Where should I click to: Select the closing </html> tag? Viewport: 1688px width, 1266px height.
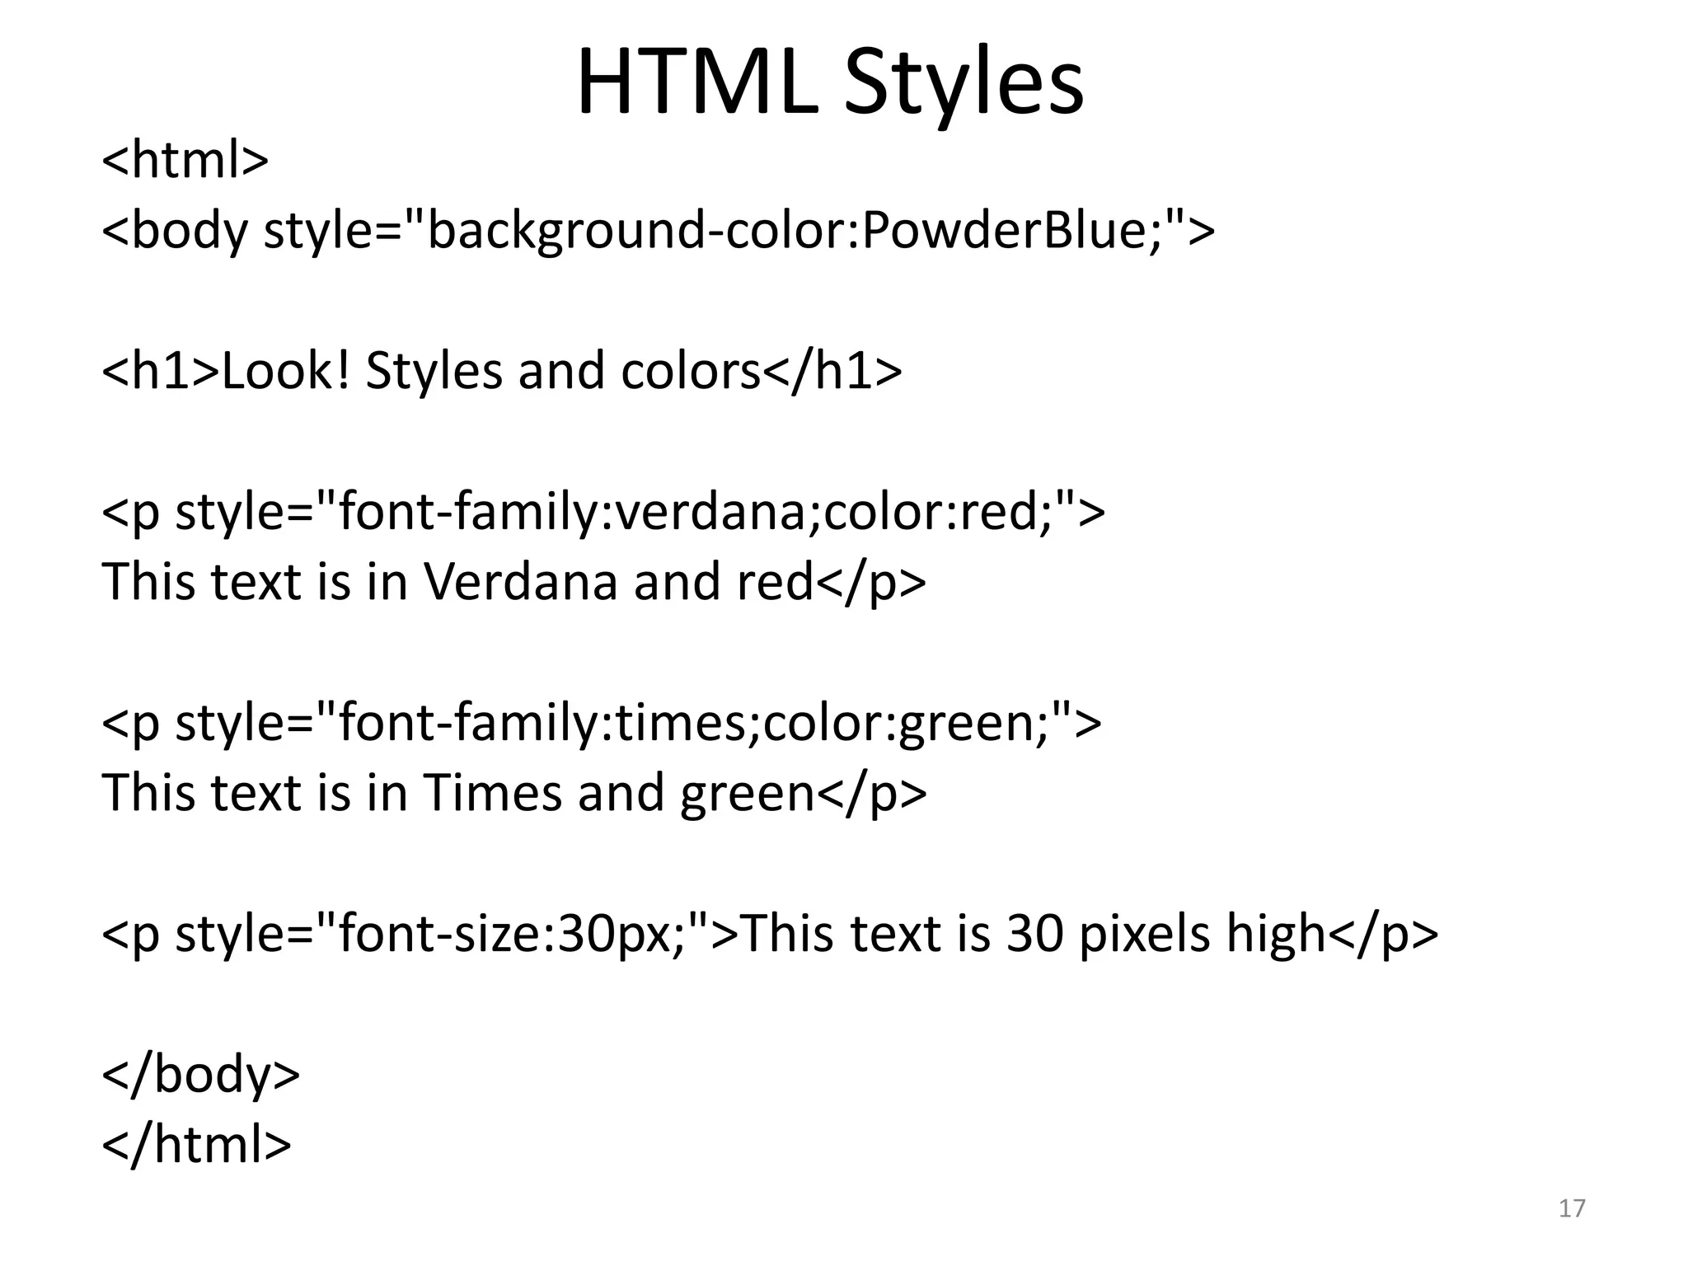pyautogui.click(x=196, y=1144)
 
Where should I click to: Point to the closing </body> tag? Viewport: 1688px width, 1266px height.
pyautogui.click(x=200, y=1074)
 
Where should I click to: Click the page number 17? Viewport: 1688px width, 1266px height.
pyautogui.click(x=1572, y=1208)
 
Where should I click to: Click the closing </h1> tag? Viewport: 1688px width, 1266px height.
pyautogui.click(x=832, y=371)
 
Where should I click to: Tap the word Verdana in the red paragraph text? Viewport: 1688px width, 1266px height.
pyautogui.click(x=520, y=582)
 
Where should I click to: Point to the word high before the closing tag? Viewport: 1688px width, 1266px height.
pyautogui.click(x=1275, y=934)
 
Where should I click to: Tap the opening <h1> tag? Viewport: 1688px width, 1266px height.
pyautogui.click(x=162, y=371)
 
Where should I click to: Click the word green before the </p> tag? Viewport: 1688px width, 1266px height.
pyautogui.click(x=747, y=793)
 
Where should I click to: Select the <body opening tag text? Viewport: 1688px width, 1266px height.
pyautogui.click(x=174, y=230)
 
